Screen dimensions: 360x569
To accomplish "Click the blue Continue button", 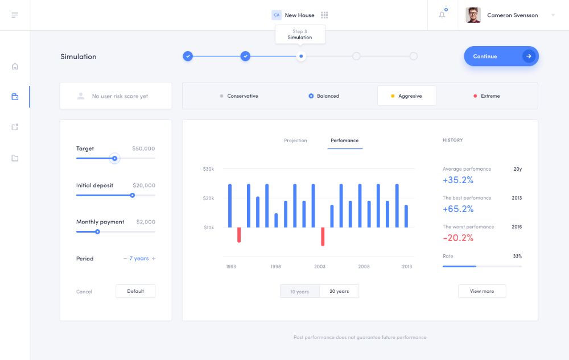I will (x=501, y=56).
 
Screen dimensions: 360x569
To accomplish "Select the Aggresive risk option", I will (x=407, y=96).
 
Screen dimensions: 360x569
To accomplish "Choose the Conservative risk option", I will (x=239, y=96).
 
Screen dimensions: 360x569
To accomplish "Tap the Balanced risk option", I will (x=324, y=96).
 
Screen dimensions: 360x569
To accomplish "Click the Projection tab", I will (x=295, y=140).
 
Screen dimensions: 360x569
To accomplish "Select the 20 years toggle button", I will (x=339, y=291).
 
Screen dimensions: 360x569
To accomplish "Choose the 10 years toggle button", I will (x=300, y=291).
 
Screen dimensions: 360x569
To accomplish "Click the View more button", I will (x=482, y=291).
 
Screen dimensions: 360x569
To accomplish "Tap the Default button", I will (x=135, y=291).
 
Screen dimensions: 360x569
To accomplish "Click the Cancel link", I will (x=84, y=292).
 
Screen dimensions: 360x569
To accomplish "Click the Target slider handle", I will (x=115, y=159).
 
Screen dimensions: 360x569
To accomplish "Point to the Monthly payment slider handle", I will (x=97, y=231).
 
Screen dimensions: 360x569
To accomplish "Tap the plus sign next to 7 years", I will (x=154, y=259).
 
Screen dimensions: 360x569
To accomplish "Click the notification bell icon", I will (x=442, y=15).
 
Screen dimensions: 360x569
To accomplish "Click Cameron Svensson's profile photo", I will (x=473, y=15).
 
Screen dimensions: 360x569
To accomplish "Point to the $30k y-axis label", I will (x=208, y=169).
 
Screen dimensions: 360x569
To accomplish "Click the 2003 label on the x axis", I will (x=320, y=267).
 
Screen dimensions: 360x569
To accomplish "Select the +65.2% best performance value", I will (x=458, y=209).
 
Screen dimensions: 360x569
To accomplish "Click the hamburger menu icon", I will (x=15, y=15).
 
